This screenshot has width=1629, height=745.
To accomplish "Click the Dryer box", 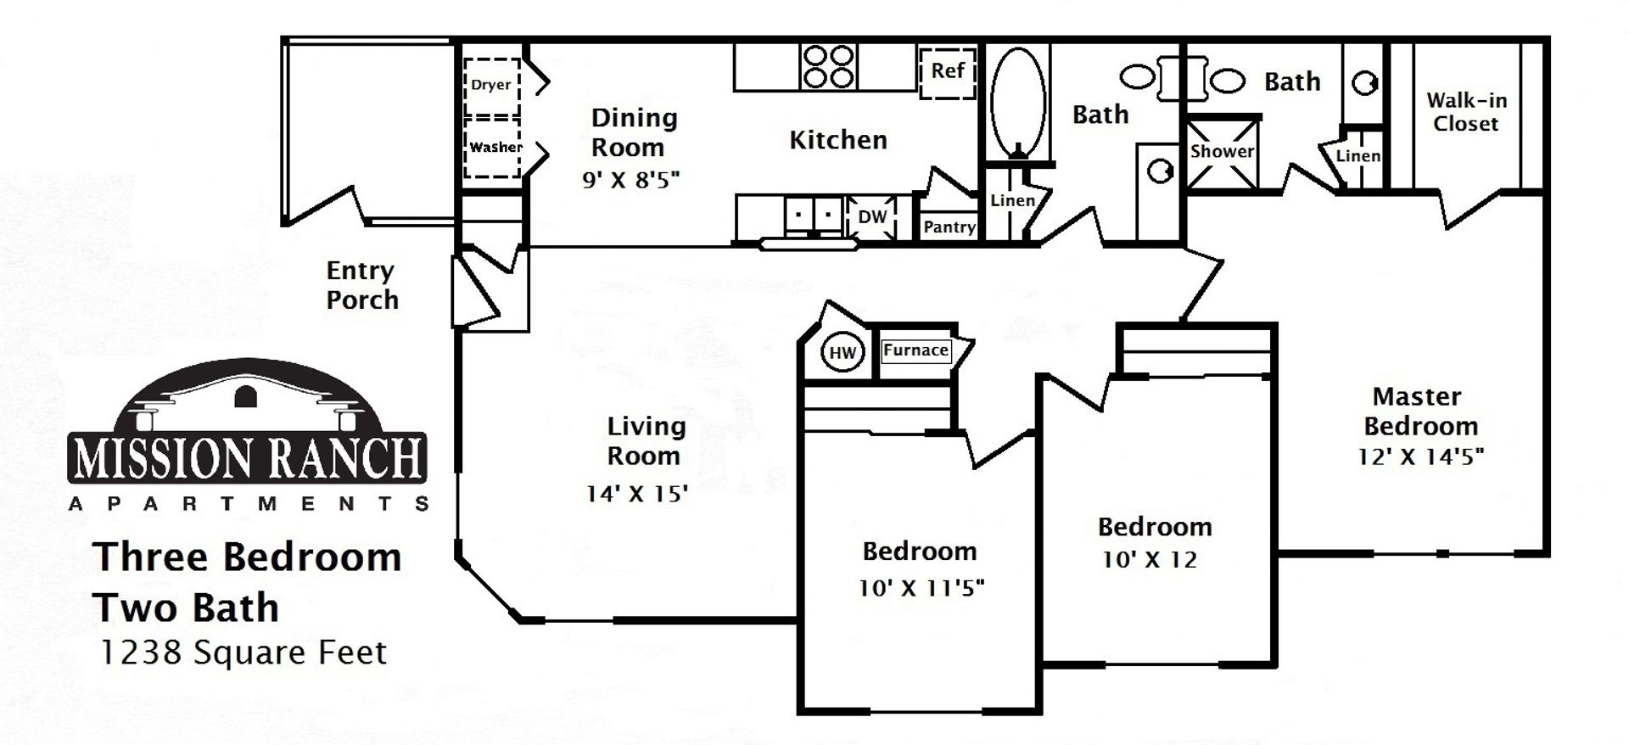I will pyautogui.click(x=492, y=85).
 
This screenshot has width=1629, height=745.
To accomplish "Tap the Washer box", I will pyautogui.click(x=492, y=148).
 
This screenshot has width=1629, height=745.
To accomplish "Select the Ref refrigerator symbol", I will pyautogui.click(x=948, y=72).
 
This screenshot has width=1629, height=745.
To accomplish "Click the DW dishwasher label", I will pyautogui.click(x=872, y=216).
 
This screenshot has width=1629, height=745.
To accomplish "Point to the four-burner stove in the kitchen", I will pyautogui.click(x=828, y=67).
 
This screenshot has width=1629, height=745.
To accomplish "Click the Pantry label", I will pyautogui.click(x=949, y=227).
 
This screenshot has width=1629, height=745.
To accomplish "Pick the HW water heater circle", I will pyautogui.click(x=842, y=353).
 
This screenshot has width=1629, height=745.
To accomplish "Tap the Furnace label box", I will pyautogui.click(x=915, y=350).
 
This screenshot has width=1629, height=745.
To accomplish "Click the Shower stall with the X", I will pyautogui.click(x=1222, y=153).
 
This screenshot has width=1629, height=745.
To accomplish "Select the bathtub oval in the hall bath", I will pyautogui.click(x=1017, y=99).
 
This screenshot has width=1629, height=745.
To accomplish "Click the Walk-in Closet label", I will pyautogui.click(x=1466, y=112).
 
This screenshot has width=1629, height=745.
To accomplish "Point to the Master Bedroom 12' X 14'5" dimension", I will pyautogui.click(x=1420, y=457).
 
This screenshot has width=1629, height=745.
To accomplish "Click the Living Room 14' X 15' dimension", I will pyautogui.click(x=636, y=493).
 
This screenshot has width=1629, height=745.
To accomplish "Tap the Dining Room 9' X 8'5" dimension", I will pyautogui.click(x=631, y=180).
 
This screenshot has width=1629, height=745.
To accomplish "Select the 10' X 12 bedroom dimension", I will pyautogui.click(x=1150, y=560).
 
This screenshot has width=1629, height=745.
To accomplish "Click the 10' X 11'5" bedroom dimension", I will pyautogui.click(x=921, y=588).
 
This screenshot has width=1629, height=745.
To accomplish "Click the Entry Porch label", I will pyautogui.click(x=362, y=285).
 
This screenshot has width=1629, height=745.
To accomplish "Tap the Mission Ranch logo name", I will pyautogui.click(x=248, y=457).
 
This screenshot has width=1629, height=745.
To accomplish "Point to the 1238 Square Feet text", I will pyautogui.click(x=244, y=653).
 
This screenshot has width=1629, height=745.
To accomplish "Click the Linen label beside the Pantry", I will pyautogui.click(x=1013, y=201).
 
